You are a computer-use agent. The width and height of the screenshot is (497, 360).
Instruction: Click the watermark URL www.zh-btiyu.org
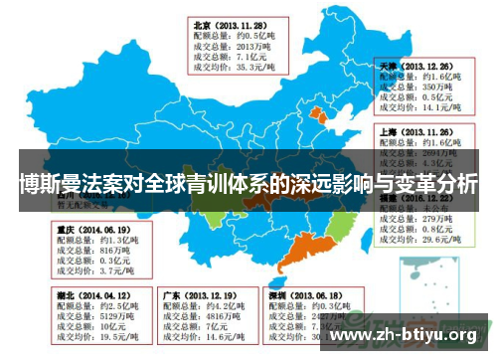pos(407,333)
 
